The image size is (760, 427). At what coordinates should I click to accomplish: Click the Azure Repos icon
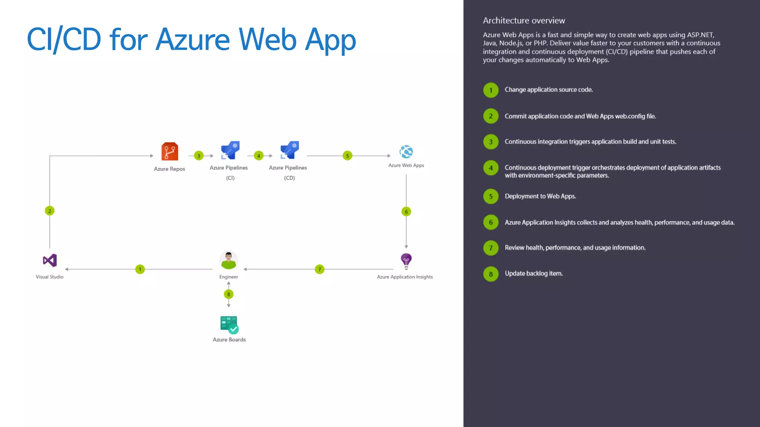[170, 152]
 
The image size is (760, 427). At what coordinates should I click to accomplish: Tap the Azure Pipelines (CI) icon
[230, 150]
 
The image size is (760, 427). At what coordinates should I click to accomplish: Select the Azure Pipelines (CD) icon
[289, 150]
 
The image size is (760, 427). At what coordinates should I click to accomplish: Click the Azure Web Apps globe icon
[406, 152]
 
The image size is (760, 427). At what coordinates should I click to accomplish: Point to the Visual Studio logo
[50, 260]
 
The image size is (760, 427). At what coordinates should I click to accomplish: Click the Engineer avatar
[229, 260]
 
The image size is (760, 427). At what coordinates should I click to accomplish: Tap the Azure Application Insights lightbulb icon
[406, 261]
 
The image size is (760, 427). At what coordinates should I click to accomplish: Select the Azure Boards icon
[229, 325]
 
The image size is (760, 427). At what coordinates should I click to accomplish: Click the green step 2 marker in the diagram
[50, 211]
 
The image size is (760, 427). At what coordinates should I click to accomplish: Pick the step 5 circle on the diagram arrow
[347, 156]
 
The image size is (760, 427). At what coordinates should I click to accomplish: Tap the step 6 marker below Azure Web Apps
[406, 212]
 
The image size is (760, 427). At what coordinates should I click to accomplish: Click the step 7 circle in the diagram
[320, 269]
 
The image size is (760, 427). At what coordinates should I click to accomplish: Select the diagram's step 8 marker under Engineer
[229, 294]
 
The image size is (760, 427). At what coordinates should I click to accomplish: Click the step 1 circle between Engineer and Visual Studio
[140, 269]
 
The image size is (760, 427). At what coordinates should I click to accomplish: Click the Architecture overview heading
[524, 21]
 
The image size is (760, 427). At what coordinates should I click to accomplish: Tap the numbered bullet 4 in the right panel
[491, 168]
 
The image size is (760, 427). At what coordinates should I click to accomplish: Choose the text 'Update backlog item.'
[534, 274]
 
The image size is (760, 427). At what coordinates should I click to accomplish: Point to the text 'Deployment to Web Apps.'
[540, 196]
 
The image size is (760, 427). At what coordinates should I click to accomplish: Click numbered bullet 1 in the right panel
[491, 90]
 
